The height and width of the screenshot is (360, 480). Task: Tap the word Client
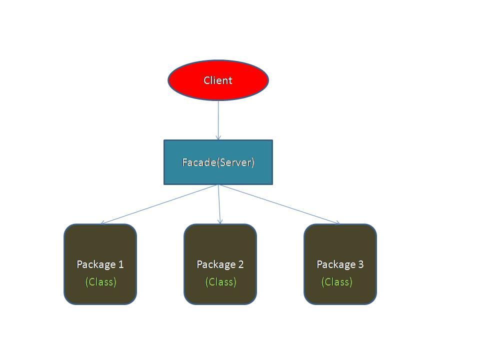click(218, 80)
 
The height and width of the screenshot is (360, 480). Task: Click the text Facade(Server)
click(218, 162)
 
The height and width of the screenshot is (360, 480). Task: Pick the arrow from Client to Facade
click(218, 120)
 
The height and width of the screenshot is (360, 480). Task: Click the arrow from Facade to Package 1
click(160, 204)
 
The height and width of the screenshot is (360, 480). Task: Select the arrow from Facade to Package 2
click(219, 204)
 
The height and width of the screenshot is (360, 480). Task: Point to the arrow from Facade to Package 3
click(279, 204)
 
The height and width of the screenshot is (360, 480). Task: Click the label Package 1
click(100, 264)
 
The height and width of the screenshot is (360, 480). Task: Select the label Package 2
click(220, 264)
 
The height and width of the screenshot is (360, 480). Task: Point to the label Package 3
click(340, 264)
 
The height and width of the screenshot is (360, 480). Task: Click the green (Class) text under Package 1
click(100, 281)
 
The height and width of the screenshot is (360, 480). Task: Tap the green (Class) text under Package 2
click(220, 281)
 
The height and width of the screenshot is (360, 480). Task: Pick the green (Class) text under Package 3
click(336, 281)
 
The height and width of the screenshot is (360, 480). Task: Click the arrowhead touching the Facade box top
click(218, 137)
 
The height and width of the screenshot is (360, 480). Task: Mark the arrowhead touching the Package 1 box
click(102, 223)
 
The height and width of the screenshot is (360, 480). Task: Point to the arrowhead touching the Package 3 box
click(338, 223)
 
